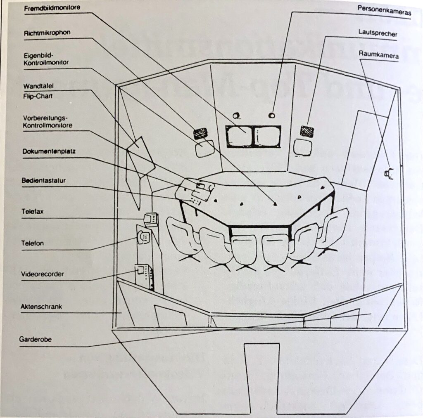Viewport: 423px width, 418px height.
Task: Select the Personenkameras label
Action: pyautogui.click(x=384, y=12)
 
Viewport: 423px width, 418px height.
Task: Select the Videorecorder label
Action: pyautogui.click(x=42, y=274)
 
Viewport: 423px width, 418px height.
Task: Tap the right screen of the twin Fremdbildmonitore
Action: pyautogui.click(x=268, y=136)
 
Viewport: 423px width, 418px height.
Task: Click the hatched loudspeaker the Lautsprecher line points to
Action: pyautogui.click(x=307, y=131)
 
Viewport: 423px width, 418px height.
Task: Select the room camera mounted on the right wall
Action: pyautogui.click(x=387, y=174)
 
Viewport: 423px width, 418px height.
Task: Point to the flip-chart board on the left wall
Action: pyautogui.click(x=140, y=156)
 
